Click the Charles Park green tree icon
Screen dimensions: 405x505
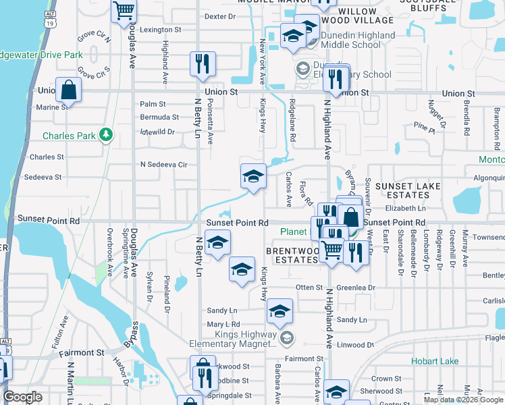click(x=105, y=135)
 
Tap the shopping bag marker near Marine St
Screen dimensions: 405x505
click(x=68, y=90)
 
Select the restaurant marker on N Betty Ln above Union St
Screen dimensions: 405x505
click(x=203, y=65)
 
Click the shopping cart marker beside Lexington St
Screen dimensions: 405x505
click(x=124, y=11)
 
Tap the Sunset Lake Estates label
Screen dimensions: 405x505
click(x=408, y=191)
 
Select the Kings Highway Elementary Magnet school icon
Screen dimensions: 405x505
click(x=287, y=336)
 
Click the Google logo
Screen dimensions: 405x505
click(x=22, y=397)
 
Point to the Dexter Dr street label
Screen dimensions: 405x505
click(x=219, y=16)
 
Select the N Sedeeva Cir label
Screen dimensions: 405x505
click(x=163, y=164)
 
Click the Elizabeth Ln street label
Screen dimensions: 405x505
click(x=405, y=209)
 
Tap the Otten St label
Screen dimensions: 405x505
click(x=310, y=288)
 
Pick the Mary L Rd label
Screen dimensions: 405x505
click(x=223, y=325)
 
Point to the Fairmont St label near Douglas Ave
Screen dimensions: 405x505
click(x=81, y=352)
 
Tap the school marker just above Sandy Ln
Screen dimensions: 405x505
click(x=280, y=311)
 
